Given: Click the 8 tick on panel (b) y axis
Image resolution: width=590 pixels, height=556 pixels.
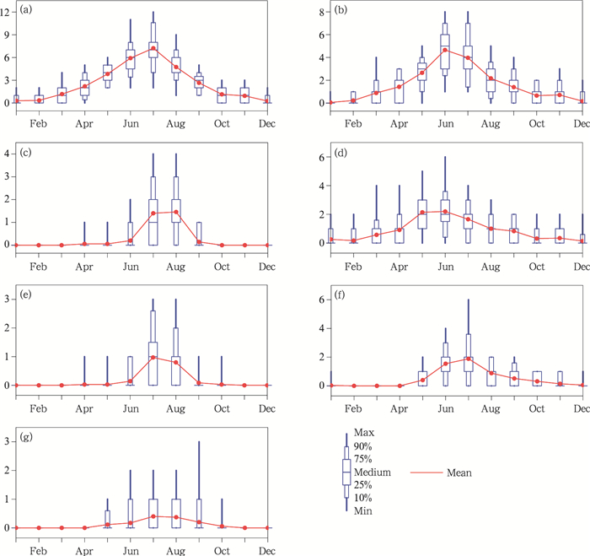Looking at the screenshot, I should click(320, 13).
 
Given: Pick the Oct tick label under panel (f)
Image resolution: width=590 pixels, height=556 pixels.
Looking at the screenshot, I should click(536, 407).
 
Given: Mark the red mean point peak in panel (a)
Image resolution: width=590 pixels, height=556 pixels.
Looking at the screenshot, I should click(153, 48).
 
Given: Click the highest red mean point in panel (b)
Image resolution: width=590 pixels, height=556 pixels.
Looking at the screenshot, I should click(444, 50).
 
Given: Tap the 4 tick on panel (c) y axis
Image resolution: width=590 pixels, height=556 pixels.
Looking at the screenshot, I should click(7, 154).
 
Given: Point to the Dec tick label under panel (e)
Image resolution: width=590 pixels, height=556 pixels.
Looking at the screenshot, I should click(267, 407).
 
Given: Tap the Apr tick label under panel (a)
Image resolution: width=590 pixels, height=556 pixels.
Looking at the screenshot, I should click(84, 123).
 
